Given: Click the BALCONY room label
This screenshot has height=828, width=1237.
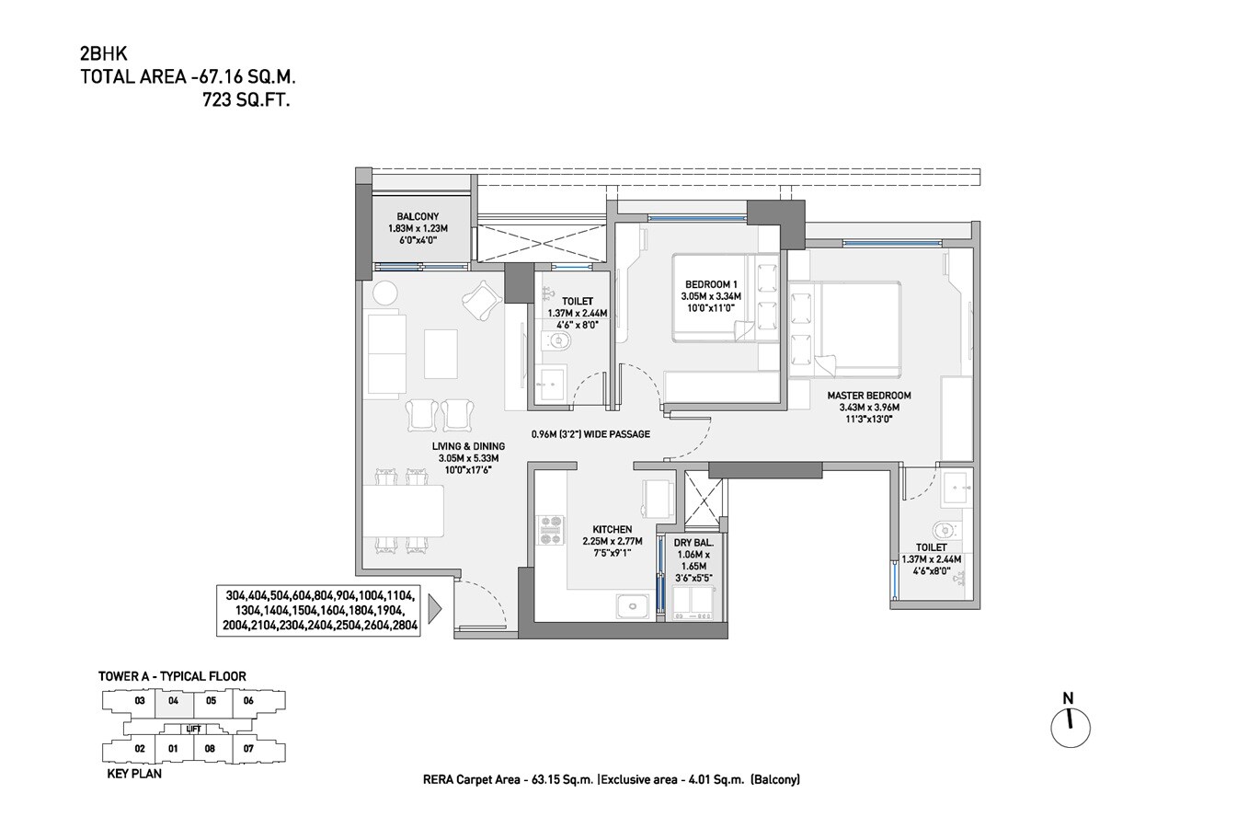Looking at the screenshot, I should point(418,217).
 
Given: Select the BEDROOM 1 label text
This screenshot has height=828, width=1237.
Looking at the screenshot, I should point(710,284).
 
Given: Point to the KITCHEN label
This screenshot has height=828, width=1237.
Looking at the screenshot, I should point(612,529).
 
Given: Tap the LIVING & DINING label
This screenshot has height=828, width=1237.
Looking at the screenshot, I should point(468,446).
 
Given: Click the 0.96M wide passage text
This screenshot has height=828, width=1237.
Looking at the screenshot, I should point(590,434).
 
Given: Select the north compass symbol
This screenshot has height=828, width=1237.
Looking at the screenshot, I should point(1070,727).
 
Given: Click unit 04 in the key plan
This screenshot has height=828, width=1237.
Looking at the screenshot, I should point(174,701).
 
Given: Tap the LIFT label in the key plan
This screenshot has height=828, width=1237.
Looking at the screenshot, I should point(193,729).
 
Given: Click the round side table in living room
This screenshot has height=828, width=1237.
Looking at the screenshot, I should point(385,293).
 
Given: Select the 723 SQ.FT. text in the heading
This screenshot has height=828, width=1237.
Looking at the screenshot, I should point(246,101).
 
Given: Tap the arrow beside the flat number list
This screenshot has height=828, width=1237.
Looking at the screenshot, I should point(435,609).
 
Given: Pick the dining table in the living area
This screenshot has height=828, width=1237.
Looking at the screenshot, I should point(404,512).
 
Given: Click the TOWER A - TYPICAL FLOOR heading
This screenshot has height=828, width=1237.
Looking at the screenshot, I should point(172,676).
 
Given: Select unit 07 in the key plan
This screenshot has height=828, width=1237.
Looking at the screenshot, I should point(248,749).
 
